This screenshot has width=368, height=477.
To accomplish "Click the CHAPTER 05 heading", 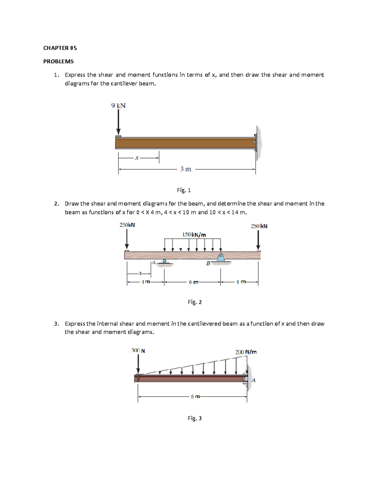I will point(60,48).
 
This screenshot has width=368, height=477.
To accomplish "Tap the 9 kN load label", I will point(118,106).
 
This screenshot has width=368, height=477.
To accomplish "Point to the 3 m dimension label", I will point(186,169).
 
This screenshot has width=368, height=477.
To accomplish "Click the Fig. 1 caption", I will point(184,190).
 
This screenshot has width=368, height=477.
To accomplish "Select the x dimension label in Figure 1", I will point(137,158).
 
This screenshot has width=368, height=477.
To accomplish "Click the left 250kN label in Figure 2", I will point(127,225).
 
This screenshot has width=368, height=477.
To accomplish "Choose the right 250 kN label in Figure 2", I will point(259,226).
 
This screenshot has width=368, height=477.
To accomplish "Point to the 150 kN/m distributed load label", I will point(194,235).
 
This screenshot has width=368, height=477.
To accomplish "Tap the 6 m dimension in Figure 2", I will point(193,282).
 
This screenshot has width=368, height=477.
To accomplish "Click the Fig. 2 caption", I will point(194,302).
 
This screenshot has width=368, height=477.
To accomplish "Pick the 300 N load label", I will point(138,351).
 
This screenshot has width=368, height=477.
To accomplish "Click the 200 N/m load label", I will point(246,352).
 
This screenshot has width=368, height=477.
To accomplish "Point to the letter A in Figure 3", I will point(253,380).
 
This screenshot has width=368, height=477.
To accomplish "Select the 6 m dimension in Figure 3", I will point(195,397).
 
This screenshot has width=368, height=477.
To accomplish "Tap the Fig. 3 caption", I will point(194,418).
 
